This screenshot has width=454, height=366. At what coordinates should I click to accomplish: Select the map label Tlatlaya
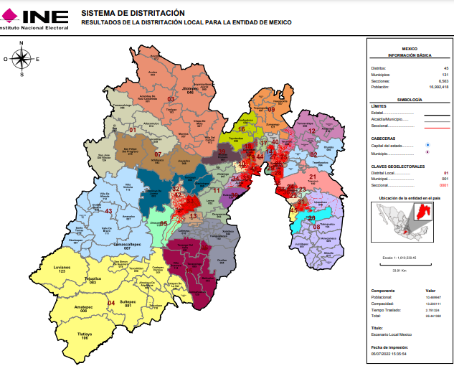(x=85, y=334)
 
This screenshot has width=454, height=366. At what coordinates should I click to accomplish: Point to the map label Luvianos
(x=62, y=268)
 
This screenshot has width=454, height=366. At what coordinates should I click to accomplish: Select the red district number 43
(x=108, y=212)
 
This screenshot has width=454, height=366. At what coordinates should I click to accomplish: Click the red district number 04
(x=111, y=303)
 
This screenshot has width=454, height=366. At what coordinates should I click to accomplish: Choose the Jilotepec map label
(x=189, y=88)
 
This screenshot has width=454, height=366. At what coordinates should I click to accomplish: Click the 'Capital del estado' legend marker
(x=428, y=146)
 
